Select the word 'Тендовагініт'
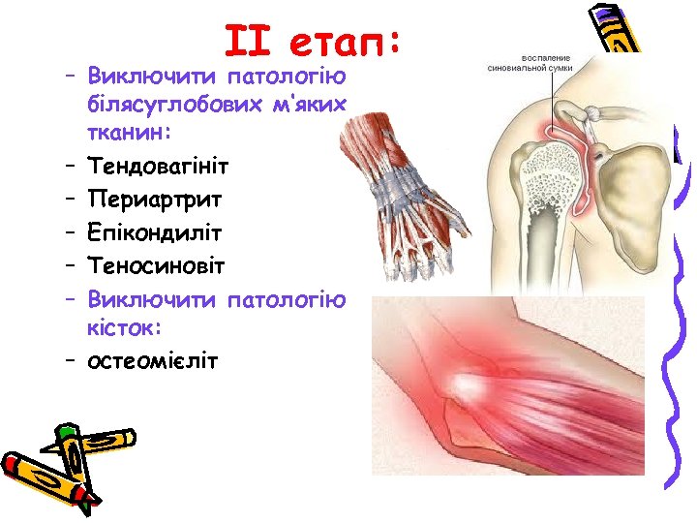click(158, 168)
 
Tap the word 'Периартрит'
click(155, 200)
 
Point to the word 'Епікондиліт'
click(155, 233)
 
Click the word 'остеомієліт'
click(153, 360)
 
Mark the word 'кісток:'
click(119, 330)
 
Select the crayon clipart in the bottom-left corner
click(48, 465)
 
